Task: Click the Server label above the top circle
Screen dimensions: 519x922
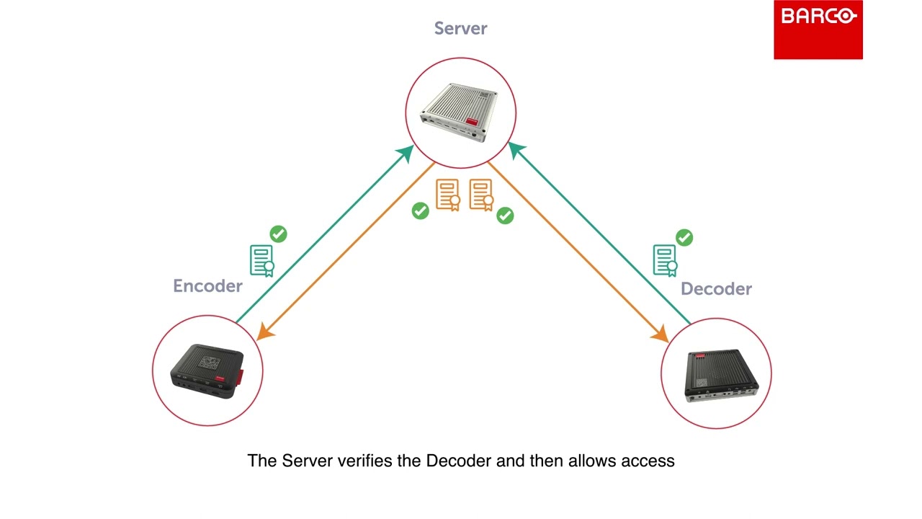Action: [x=460, y=29]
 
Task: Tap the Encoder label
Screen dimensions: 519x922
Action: [x=207, y=286]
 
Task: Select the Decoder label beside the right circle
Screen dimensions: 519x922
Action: [x=716, y=289]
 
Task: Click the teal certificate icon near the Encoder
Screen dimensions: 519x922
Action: [x=261, y=261]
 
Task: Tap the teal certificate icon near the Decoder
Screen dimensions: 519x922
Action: [x=665, y=261]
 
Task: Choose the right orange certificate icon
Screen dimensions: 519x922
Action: [x=481, y=195]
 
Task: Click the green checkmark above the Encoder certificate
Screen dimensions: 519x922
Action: [x=278, y=234]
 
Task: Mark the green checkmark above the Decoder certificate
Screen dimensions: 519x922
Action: [x=684, y=237]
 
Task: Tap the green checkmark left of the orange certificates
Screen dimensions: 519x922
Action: [x=420, y=210]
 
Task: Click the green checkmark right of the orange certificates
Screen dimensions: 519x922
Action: [x=505, y=216]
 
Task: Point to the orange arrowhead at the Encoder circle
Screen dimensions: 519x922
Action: [x=265, y=332]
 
